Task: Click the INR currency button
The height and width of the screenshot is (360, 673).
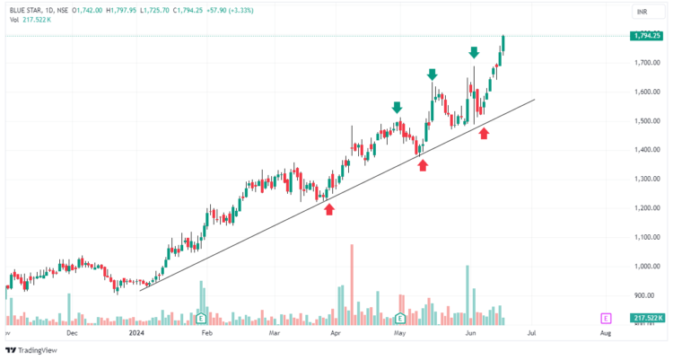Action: tap(642, 13)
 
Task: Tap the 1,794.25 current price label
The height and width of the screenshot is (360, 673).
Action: tap(646, 36)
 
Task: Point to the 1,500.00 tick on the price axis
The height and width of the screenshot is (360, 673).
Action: tap(646, 121)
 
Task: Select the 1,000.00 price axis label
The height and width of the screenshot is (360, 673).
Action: tap(646, 267)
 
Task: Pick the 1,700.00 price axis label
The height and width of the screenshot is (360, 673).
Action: tap(646, 63)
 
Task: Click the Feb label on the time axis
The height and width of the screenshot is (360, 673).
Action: tap(206, 332)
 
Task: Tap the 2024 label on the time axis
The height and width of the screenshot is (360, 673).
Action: tap(136, 332)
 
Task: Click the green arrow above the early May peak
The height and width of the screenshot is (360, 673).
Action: tap(397, 108)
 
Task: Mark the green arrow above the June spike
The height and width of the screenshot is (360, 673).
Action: tap(474, 53)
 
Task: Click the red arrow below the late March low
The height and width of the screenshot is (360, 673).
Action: tap(329, 209)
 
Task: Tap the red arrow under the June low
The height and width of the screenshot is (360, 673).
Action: tap(485, 134)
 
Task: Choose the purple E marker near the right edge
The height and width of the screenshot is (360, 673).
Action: tap(607, 318)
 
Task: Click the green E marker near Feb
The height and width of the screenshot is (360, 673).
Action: tap(201, 318)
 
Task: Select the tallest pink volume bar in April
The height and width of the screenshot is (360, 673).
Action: tap(352, 283)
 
